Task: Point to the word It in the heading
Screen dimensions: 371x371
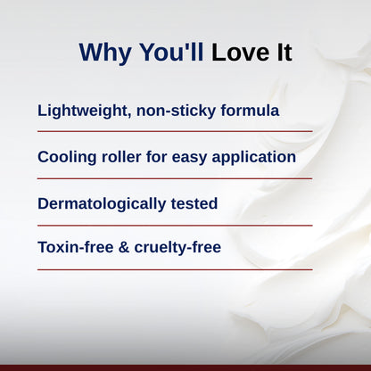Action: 282,53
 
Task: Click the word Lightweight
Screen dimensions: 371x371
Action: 82,111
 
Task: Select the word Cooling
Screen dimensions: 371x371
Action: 70,157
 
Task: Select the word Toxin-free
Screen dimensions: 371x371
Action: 78,247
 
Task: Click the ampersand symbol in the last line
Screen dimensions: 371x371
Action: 128,247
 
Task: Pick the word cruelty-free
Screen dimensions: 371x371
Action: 179,247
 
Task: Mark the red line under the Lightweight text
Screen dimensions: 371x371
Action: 175,131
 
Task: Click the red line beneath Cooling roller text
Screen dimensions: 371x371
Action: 175,177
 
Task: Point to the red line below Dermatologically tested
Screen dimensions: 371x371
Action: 175,225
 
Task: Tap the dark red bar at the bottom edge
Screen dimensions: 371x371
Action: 185,367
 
